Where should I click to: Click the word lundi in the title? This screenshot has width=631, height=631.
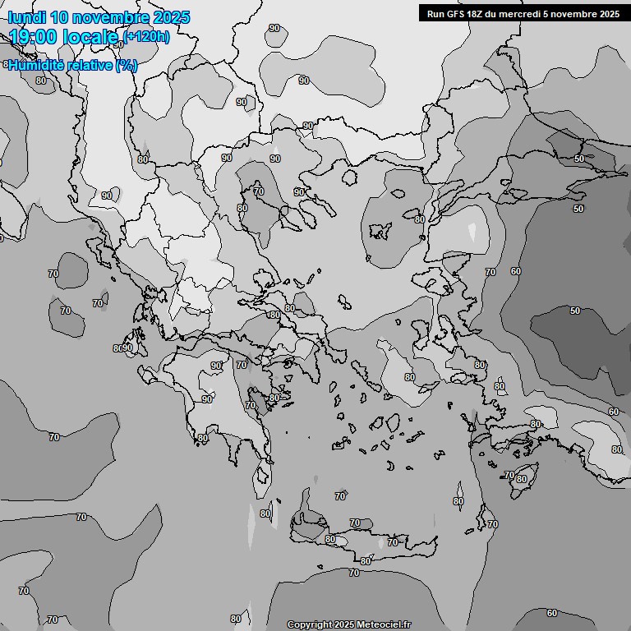(x=27, y=17)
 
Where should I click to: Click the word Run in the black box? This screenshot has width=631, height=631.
(x=435, y=13)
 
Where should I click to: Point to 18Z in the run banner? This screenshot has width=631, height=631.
(x=477, y=13)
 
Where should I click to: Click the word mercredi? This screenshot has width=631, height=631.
(x=518, y=13)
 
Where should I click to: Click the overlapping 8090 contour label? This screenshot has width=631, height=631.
(x=122, y=348)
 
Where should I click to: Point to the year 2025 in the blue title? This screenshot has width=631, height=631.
(x=171, y=17)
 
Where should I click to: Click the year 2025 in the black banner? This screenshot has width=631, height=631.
(x=609, y=13)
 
